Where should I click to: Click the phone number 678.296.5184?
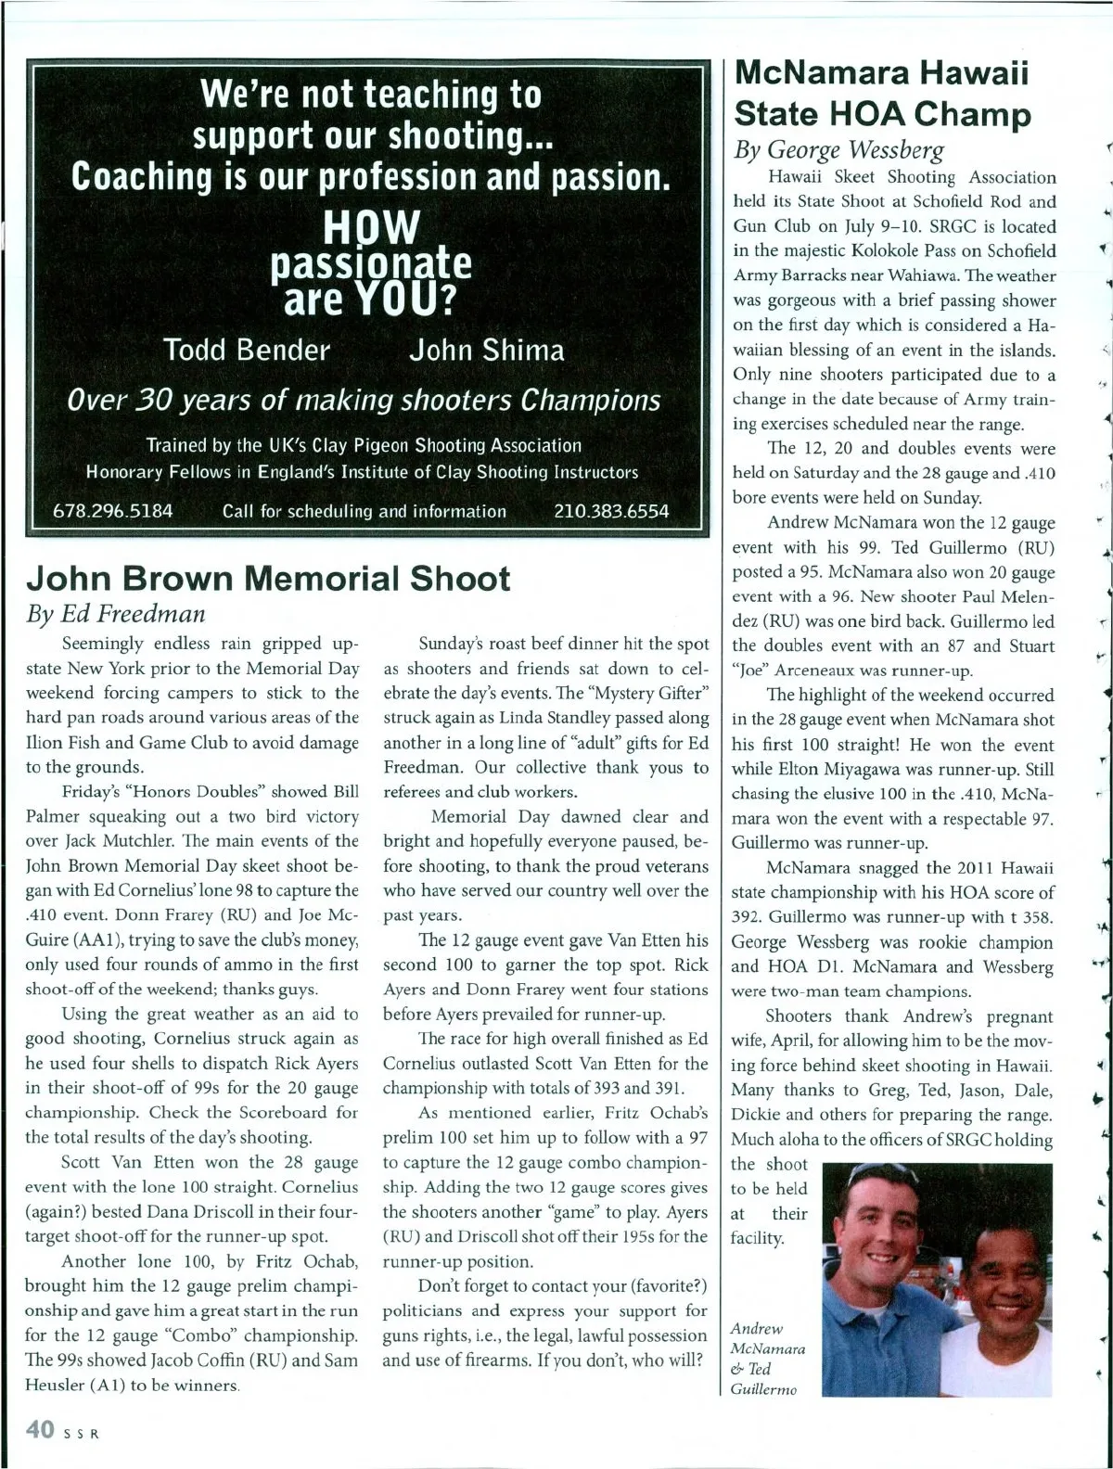(114, 511)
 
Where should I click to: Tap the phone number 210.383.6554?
(610, 511)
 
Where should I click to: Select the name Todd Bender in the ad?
(246, 350)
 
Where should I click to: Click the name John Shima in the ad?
(487, 350)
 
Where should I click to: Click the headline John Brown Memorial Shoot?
(268, 578)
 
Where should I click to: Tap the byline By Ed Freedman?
(115, 613)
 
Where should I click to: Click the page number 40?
(40, 1430)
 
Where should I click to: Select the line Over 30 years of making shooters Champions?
(365, 400)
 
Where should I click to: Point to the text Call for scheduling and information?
(365, 511)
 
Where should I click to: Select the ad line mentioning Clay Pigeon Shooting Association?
(365, 445)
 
